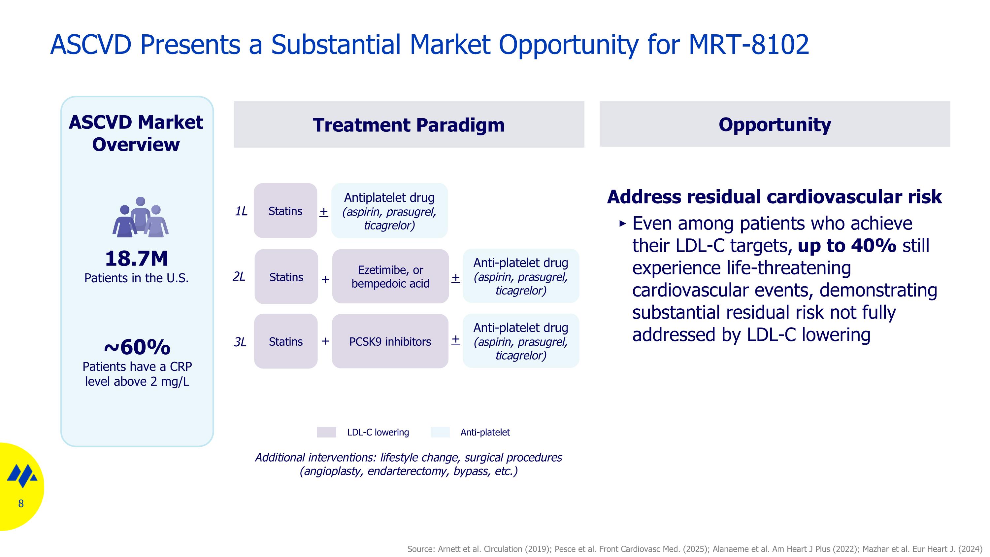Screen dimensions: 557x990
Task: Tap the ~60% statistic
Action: pyautogui.click(x=137, y=347)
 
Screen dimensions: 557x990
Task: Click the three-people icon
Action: pyautogui.click(x=140, y=217)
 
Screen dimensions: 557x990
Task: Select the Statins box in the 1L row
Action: pyautogui.click(x=285, y=211)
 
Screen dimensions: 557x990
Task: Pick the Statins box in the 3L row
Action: pyautogui.click(x=285, y=341)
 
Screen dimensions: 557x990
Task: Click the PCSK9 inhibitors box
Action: pyautogui.click(x=390, y=341)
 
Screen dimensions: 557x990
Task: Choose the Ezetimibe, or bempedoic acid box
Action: pyautogui.click(x=390, y=276)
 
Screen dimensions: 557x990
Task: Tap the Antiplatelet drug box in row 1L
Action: pyautogui.click(x=389, y=211)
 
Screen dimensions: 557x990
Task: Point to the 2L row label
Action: pyautogui.click(x=239, y=276)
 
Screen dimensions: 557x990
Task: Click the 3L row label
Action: pyautogui.click(x=240, y=342)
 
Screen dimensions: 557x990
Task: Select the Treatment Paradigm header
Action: pyautogui.click(x=409, y=124)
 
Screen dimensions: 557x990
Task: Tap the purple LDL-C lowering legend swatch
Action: pyautogui.click(x=326, y=432)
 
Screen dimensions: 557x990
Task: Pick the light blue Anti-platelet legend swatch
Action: pyautogui.click(x=440, y=432)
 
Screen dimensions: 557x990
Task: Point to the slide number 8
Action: pyautogui.click(x=21, y=504)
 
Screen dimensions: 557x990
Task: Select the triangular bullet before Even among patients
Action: pyautogui.click(x=623, y=223)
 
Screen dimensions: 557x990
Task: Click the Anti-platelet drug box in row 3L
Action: pyautogui.click(x=520, y=341)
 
